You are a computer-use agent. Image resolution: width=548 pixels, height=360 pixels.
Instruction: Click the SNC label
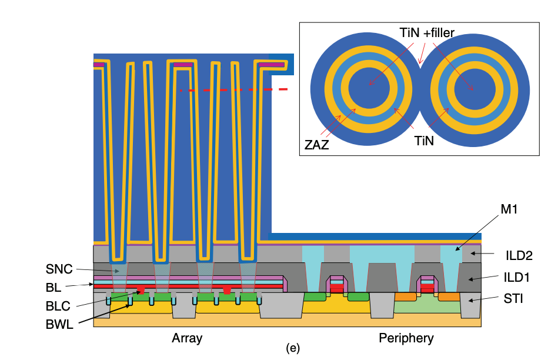59,269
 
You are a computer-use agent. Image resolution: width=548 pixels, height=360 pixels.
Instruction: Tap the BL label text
53,288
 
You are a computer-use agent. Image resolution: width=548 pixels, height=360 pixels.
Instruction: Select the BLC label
58,306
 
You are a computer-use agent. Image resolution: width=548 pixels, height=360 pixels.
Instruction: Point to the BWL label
59,324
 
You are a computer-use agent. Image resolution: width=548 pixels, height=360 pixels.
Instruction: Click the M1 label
509,209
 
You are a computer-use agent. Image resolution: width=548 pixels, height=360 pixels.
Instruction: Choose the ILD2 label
519,256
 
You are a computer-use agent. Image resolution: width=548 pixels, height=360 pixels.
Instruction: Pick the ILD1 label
517,278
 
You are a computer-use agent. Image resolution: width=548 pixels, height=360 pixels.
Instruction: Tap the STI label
513,299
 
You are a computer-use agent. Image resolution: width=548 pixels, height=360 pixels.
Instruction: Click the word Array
187,338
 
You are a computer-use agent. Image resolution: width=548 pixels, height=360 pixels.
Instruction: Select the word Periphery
406,338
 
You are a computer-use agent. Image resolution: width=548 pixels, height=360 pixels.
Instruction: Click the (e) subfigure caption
293,348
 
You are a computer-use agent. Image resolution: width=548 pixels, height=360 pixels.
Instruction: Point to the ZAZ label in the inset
317,145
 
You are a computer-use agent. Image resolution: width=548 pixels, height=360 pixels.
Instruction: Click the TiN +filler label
427,33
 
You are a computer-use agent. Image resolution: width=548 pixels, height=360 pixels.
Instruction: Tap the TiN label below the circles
424,141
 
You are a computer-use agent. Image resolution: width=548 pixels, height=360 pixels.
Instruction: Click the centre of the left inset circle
369,88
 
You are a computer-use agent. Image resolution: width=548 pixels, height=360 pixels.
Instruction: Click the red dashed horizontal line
233,90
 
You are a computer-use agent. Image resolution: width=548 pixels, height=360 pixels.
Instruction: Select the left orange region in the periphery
405,296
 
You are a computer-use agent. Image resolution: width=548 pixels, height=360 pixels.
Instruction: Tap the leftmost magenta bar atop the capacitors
99,65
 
